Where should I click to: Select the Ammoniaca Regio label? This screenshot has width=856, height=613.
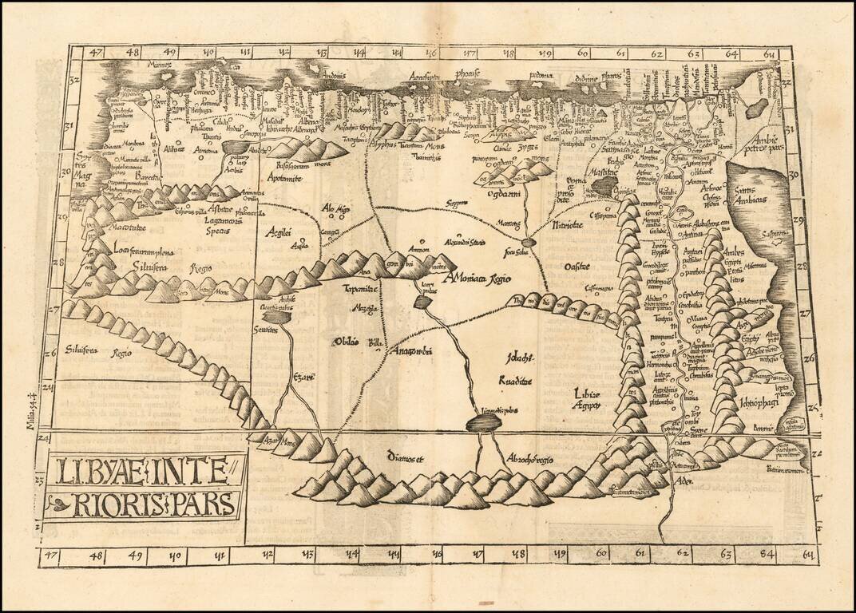click(x=478, y=278)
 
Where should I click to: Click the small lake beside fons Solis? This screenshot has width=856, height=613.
click(x=528, y=241)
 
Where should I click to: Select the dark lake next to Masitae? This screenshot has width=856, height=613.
click(x=604, y=187)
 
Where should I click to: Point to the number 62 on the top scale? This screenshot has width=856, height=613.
click(x=656, y=55)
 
